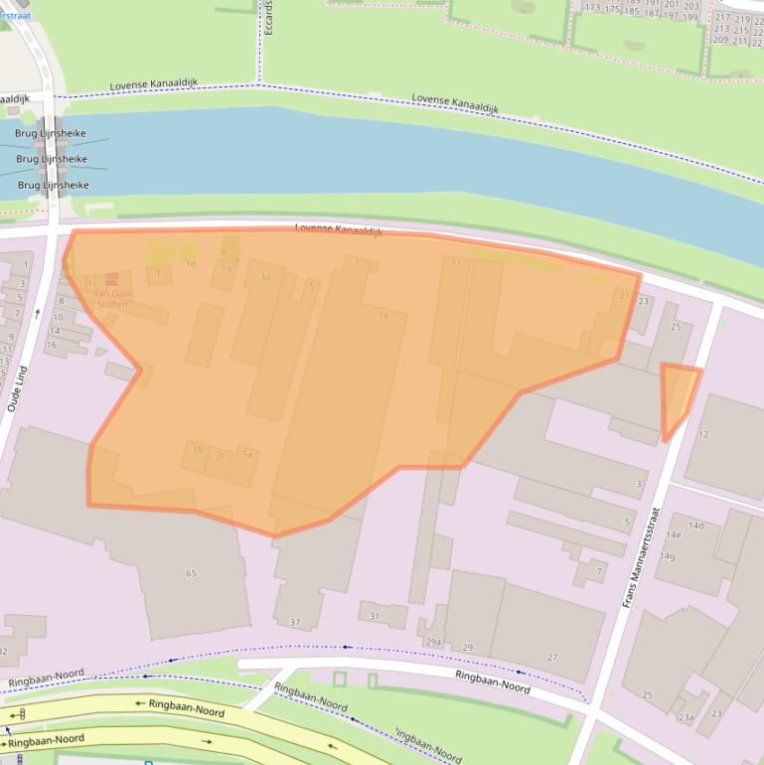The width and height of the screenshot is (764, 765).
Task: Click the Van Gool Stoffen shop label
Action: [110, 299]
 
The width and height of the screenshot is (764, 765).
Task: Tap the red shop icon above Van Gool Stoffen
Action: [110, 281]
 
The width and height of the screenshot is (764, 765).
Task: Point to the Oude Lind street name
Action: [17, 386]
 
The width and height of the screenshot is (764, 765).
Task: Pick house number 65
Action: [190, 573]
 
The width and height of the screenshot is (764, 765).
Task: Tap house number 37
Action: [294, 622]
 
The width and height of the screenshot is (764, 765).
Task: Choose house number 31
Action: [374, 616]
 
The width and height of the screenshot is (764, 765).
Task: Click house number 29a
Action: [433, 642]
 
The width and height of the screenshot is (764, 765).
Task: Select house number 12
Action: [703, 434]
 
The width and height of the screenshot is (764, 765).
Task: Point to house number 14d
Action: [695, 526]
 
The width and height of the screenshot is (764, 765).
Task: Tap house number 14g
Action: [667, 555]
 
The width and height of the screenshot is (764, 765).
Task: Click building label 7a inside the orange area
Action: [382, 314]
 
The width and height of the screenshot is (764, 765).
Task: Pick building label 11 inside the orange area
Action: [456, 263]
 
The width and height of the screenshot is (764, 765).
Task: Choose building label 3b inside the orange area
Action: [197, 449]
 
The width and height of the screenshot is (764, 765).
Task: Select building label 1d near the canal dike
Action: [191, 263]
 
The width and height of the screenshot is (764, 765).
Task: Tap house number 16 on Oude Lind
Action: [56, 343]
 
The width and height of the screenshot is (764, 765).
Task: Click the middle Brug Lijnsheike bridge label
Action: [52, 159]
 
